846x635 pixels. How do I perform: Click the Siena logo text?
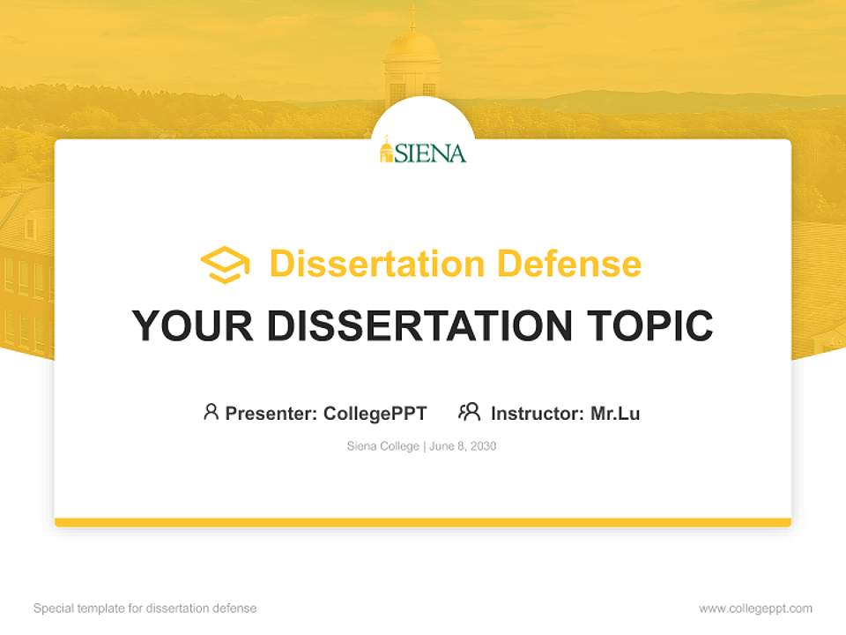(431, 153)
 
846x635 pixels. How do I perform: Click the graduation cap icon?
(225, 265)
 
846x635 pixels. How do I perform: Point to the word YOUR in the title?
(192, 325)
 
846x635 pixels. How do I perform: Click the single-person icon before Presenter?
(211, 412)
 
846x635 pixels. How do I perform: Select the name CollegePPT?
(375, 413)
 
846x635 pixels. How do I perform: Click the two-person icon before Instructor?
(469, 412)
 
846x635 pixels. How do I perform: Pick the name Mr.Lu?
(615, 413)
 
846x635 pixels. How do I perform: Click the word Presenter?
(271, 413)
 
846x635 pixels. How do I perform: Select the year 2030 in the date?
(482, 446)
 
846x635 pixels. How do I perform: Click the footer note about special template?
(145, 609)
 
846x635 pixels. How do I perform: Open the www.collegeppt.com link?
(755, 609)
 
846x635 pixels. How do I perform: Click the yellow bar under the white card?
(423, 522)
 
